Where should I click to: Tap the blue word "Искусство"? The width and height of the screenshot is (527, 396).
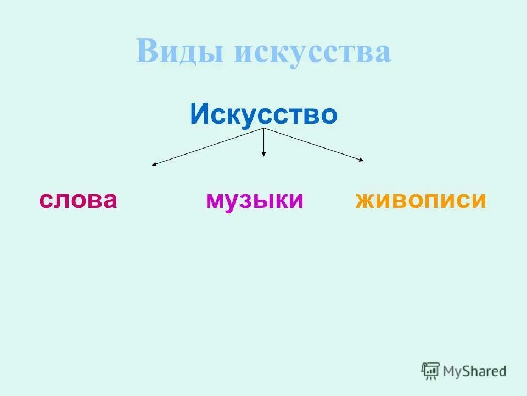pyautogui.click(x=263, y=114)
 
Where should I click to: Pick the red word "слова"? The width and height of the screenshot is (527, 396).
pyautogui.click(x=78, y=200)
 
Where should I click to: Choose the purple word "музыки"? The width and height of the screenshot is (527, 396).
pyautogui.click(x=254, y=200)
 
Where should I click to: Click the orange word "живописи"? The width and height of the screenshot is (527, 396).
pyautogui.click(x=421, y=200)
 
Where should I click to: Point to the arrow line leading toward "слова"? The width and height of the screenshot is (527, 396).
pyautogui.click(x=209, y=146)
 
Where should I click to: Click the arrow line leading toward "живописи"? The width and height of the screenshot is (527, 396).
pyautogui.click(x=313, y=144)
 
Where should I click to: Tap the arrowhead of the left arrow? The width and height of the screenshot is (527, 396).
pyautogui.click(x=154, y=164)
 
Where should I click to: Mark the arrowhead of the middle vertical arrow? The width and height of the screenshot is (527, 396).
pyautogui.click(x=264, y=155)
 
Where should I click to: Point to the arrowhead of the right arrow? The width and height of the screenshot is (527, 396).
pyautogui.click(x=362, y=160)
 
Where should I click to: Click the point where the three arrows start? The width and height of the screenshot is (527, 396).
pyautogui.click(x=264, y=128)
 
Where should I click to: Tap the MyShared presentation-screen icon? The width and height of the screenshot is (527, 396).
pyautogui.click(x=430, y=371)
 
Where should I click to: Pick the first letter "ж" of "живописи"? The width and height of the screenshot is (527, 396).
pyautogui.click(x=365, y=200)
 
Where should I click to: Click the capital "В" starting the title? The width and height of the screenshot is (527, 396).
pyautogui.click(x=147, y=52)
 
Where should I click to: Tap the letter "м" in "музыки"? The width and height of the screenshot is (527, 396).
pyautogui.click(x=215, y=200)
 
